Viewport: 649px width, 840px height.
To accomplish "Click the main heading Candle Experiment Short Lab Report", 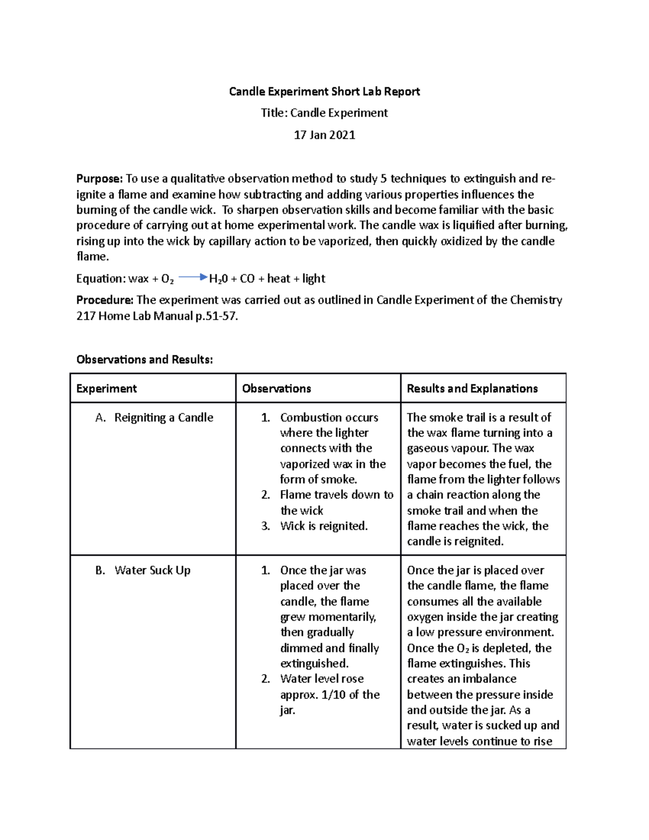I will click(324, 91).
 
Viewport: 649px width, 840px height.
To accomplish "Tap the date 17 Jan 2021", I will click(324, 135).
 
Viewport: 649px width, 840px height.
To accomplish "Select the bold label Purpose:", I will click(100, 178).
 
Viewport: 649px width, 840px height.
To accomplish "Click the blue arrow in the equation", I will click(192, 278).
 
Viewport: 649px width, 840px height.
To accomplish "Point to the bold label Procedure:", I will click(105, 300).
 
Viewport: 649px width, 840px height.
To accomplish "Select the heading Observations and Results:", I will click(144, 359).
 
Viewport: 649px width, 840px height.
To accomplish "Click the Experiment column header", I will click(107, 388).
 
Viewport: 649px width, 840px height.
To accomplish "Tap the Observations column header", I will click(276, 388).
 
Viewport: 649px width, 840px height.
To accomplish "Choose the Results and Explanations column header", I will click(472, 388).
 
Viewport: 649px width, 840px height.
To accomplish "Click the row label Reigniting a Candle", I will click(163, 418).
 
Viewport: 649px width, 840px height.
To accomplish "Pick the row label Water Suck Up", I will click(152, 570).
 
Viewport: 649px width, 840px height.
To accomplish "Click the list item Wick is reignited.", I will click(323, 526).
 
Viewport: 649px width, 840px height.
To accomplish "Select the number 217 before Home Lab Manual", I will click(85, 316).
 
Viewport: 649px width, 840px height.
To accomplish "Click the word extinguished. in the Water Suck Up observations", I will click(314, 663).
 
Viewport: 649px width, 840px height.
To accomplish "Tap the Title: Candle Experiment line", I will click(324, 113).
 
